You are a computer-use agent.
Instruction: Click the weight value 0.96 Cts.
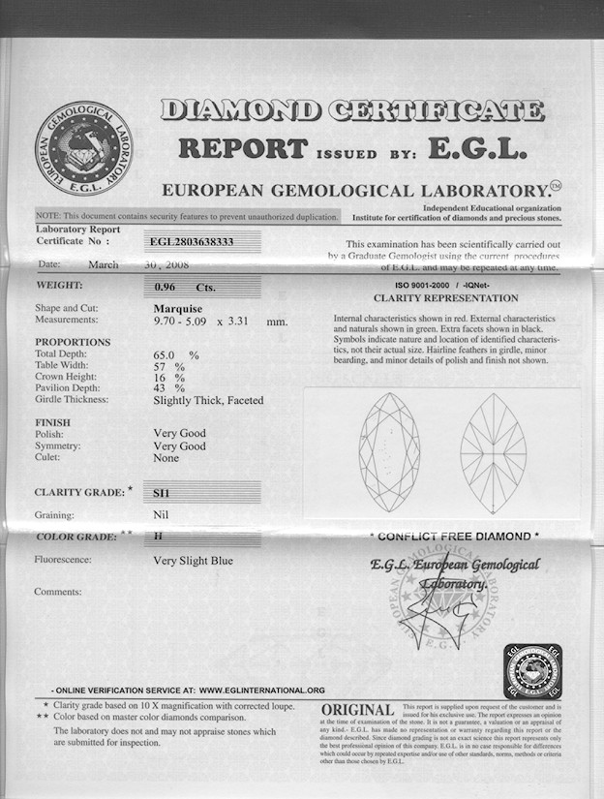185,287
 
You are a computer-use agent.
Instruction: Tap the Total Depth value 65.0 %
176,355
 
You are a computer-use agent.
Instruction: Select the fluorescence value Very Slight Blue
193,560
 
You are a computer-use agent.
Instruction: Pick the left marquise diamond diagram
390,453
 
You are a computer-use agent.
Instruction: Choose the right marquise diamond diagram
493,453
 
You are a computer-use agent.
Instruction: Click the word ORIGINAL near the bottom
357,711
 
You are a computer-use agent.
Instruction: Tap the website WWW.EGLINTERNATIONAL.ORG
262,690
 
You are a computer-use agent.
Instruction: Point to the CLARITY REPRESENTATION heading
445,298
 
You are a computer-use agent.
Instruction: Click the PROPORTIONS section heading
73,342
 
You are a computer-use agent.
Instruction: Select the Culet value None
166,458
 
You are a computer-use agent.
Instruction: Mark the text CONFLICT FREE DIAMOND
454,536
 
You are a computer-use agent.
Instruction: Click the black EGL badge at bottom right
532,670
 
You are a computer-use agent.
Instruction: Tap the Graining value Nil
162,515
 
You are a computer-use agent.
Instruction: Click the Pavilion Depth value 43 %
168,388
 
